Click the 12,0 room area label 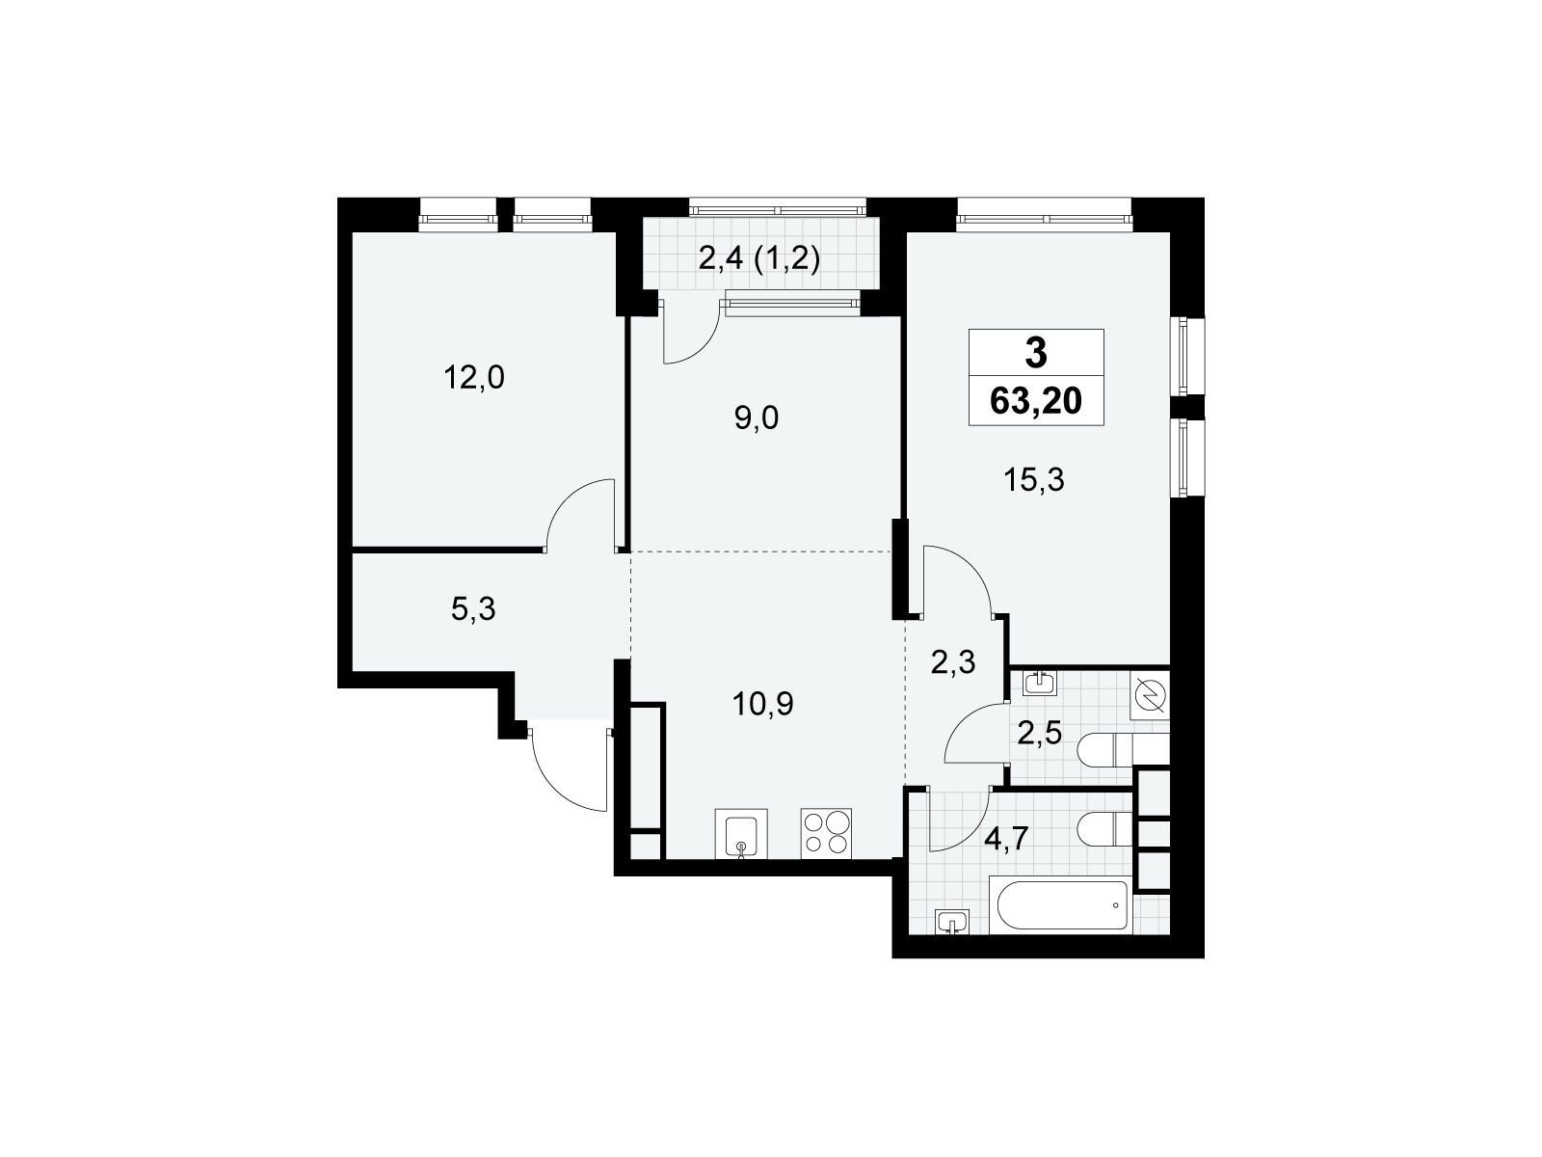[x=474, y=378]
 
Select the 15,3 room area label [x=1036, y=479]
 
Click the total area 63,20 [x=1036, y=399]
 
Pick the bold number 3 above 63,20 [x=1036, y=354]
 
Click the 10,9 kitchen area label [x=762, y=705]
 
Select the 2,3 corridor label [x=953, y=662]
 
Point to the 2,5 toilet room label [x=1039, y=734]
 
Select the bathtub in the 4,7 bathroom [x=1060, y=905]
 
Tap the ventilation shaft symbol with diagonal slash [x=1151, y=695]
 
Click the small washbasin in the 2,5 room [x=1039, y=684]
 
